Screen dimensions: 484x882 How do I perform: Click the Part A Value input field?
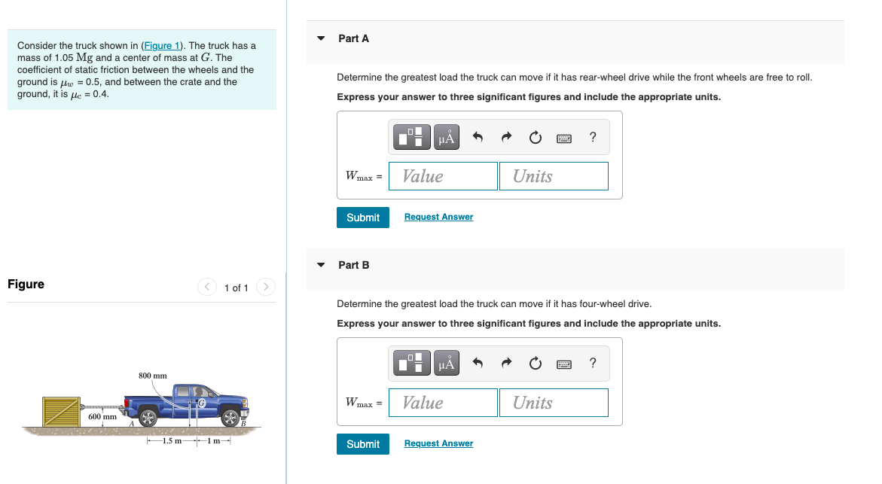tap(444, 176)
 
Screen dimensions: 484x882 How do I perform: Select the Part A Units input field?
tap(554, 176)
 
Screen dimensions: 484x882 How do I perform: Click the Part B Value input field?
tap(444, 403)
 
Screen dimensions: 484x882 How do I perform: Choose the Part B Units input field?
tap(554, 403)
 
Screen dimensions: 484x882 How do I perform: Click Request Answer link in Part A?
tap(438, 217)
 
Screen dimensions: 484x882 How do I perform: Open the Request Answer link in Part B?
tap(438, 443)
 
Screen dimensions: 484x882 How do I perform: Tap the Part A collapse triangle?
tap(322, 38)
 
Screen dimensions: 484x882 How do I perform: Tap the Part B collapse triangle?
tap(322, 265)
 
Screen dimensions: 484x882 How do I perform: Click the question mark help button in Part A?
tap(593, 137)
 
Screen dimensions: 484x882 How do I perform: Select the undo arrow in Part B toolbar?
tap(478, 364)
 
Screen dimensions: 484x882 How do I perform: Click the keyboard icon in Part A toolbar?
tap(564, 138)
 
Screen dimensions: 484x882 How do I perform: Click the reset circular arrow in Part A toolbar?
tap(536, 138)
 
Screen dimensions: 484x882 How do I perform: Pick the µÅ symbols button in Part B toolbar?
tap(447, 364)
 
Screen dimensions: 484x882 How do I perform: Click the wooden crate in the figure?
tap(61, 412)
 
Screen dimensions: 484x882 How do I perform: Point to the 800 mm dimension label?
tap(153, 375)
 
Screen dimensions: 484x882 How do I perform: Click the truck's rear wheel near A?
tap(148, 418)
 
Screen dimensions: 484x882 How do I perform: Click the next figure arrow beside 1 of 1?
tap(265, 288)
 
